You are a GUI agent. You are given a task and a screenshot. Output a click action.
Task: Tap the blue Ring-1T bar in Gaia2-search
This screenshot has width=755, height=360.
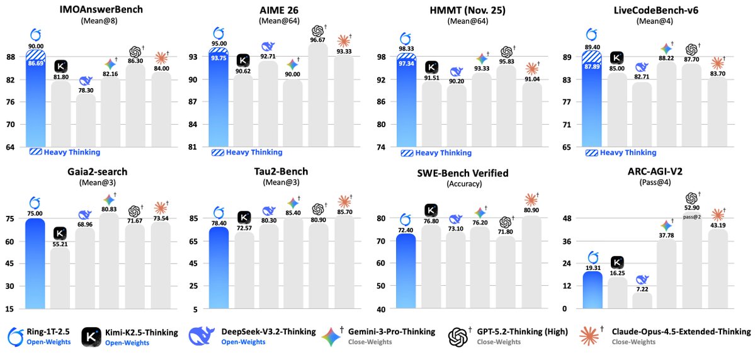click(x=35, y=264)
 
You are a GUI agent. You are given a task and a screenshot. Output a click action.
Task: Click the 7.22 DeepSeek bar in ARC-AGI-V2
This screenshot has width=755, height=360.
click(x=642, y=301)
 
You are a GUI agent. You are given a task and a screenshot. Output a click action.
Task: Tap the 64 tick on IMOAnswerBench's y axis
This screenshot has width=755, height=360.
click(x=11, y=147)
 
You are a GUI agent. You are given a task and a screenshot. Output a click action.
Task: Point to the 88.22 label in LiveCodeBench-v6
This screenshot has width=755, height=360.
click(x=667, y=56)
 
